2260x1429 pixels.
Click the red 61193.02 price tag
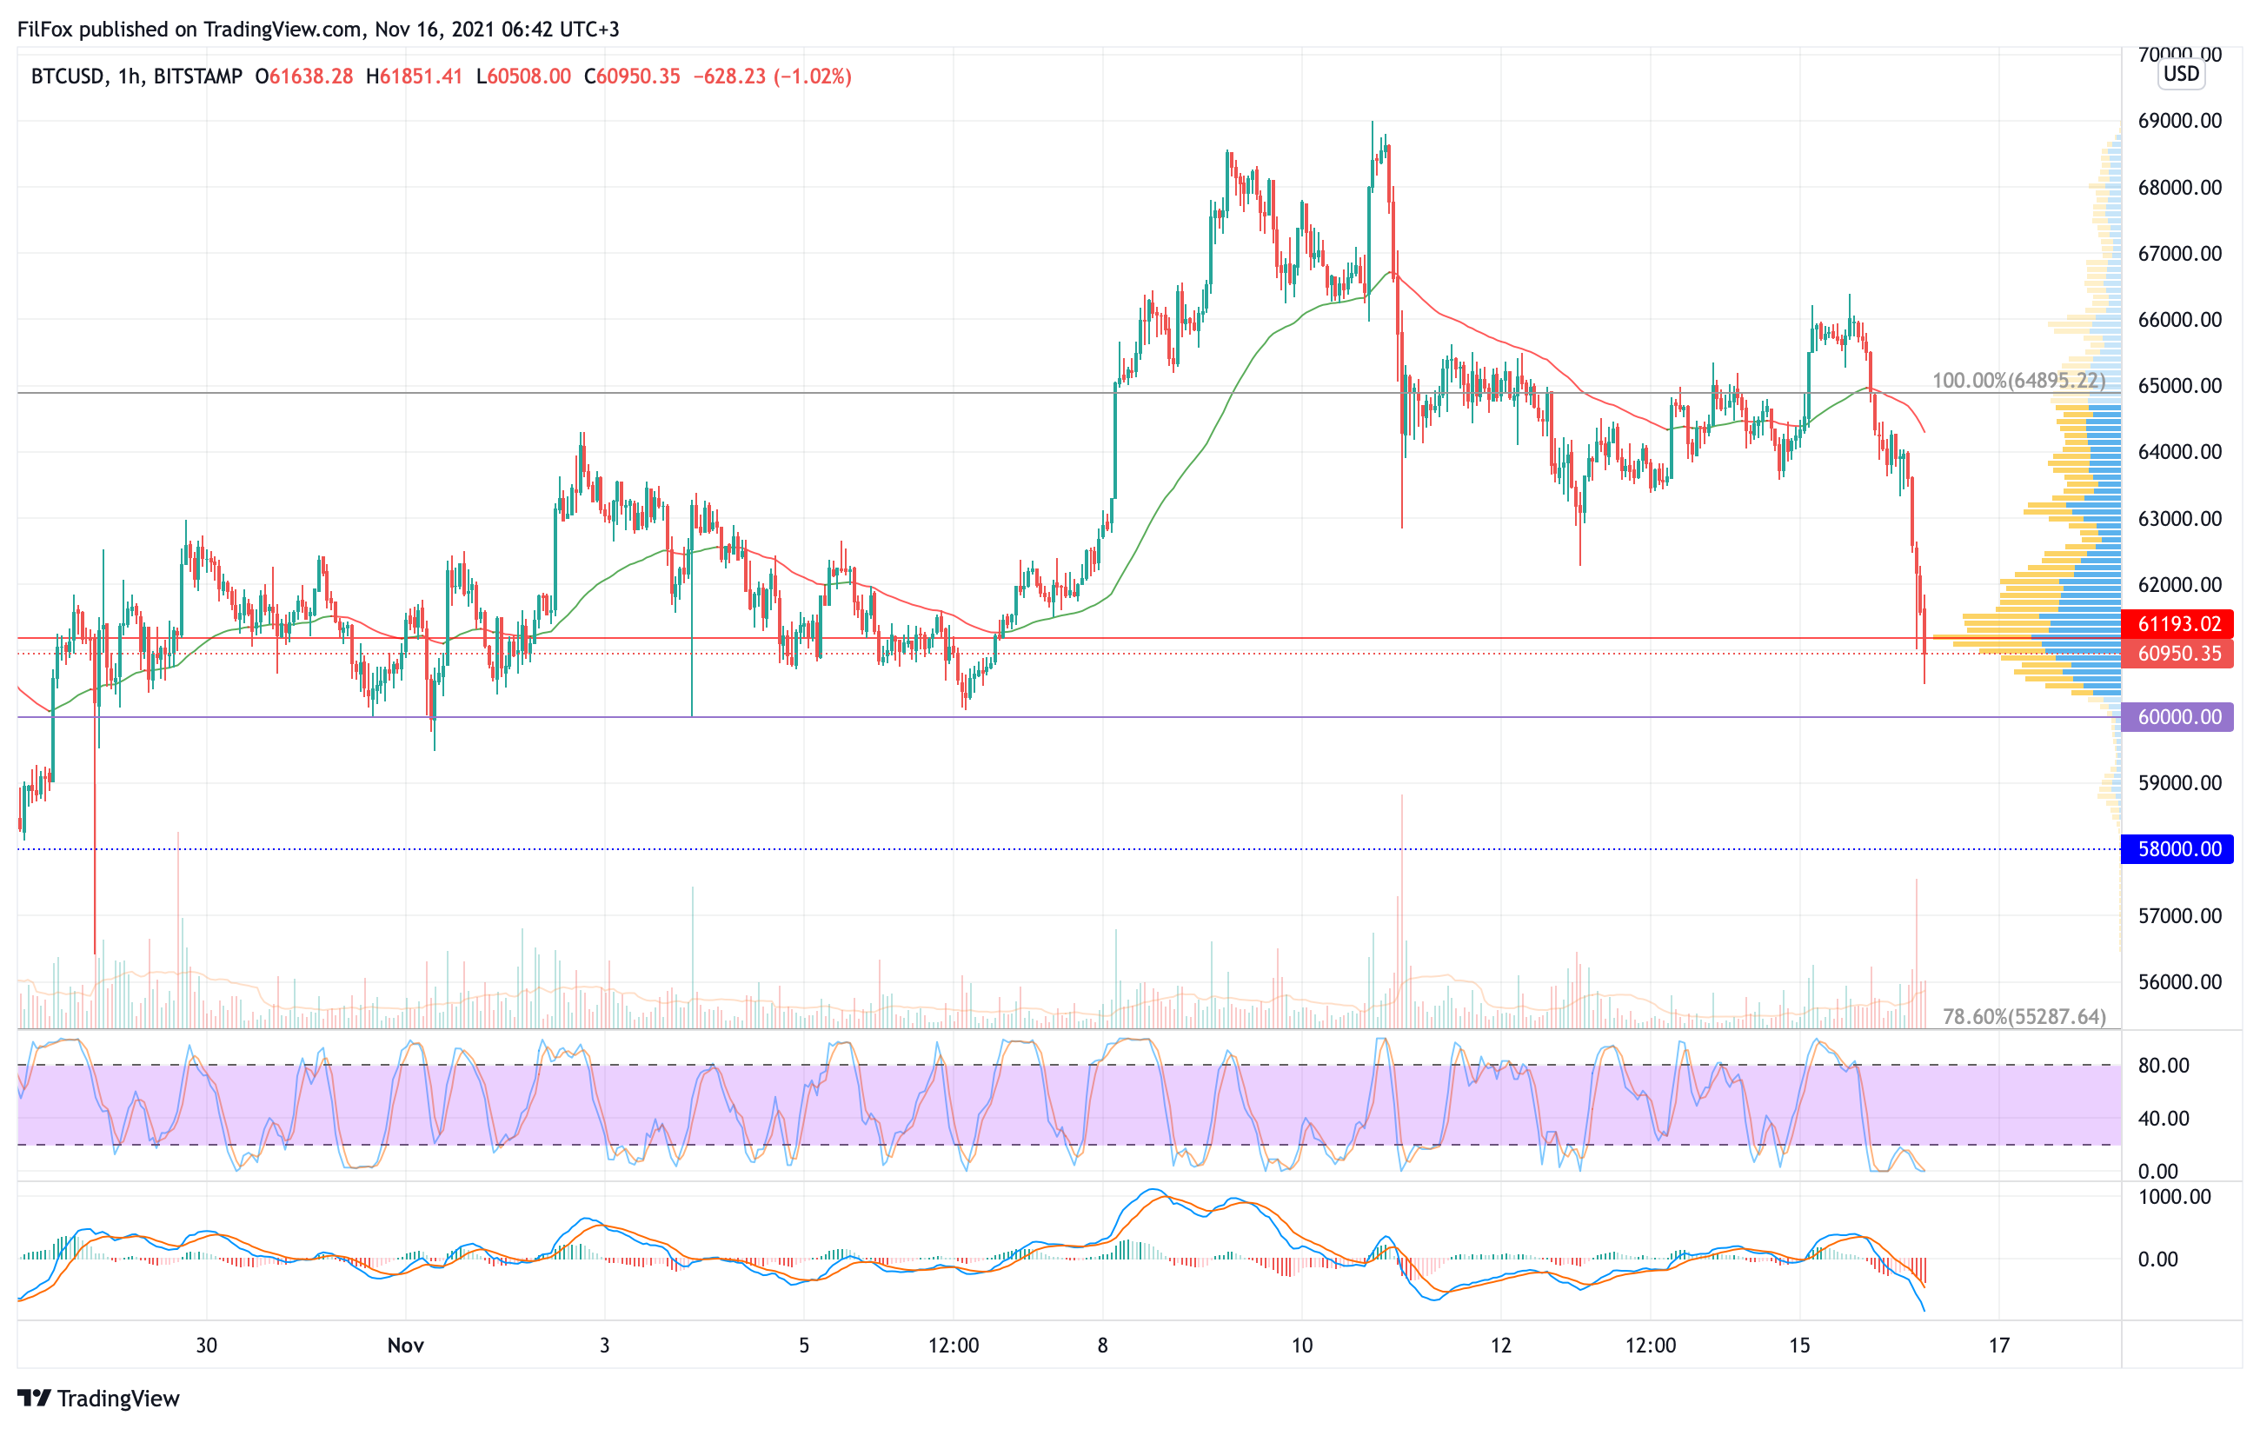pos(2177,624)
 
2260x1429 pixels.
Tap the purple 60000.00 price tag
pos(2177,717)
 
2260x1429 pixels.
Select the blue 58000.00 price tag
pos(2177,849)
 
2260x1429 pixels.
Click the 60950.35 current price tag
pos(2177,654)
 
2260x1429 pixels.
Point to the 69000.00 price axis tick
pos(2179,121)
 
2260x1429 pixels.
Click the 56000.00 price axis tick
pos(2179,982)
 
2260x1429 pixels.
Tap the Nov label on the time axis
pos(405,1346)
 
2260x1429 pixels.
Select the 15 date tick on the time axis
pos(1799,1346)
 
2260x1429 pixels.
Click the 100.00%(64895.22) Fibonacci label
pos(2017,381)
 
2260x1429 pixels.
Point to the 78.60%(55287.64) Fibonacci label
pos(2024,1017)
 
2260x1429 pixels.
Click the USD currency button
pos(2181,74)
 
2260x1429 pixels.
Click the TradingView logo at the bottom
pos(98,1399)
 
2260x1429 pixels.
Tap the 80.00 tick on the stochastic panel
pos(2163,1066)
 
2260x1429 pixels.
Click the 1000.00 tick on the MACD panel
pos(2174,1197)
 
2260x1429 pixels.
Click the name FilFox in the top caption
pos(45,29)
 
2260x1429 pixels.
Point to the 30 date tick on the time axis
pos(207,1346)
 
